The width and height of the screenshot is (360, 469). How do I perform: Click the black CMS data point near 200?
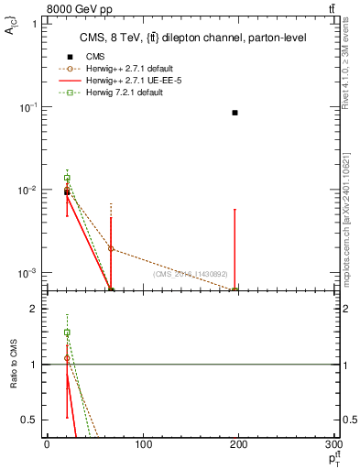235,113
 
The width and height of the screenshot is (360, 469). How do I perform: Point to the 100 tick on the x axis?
143,444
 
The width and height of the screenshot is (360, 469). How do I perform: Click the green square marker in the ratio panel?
67,333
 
